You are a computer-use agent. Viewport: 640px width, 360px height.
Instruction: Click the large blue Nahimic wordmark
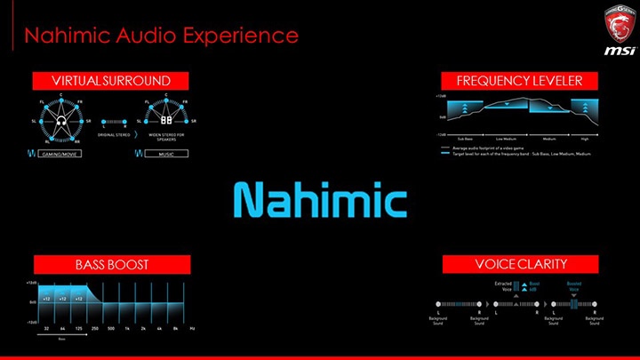tap(320, 199)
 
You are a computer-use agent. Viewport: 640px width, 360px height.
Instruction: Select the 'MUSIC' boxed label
tap(166, 153)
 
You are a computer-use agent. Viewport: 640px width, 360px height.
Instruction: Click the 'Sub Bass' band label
tap(465, 140)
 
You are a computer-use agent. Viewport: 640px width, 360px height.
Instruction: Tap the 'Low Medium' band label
tap(506, 140)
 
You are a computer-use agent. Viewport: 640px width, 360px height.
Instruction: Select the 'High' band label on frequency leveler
tap(584, 140)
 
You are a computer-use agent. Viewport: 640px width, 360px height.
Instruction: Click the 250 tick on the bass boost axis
tap(94, 329)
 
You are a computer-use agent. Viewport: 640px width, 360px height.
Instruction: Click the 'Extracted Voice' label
tap(503, 286)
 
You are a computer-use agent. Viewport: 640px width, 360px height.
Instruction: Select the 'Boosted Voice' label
tap(575, 286)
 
